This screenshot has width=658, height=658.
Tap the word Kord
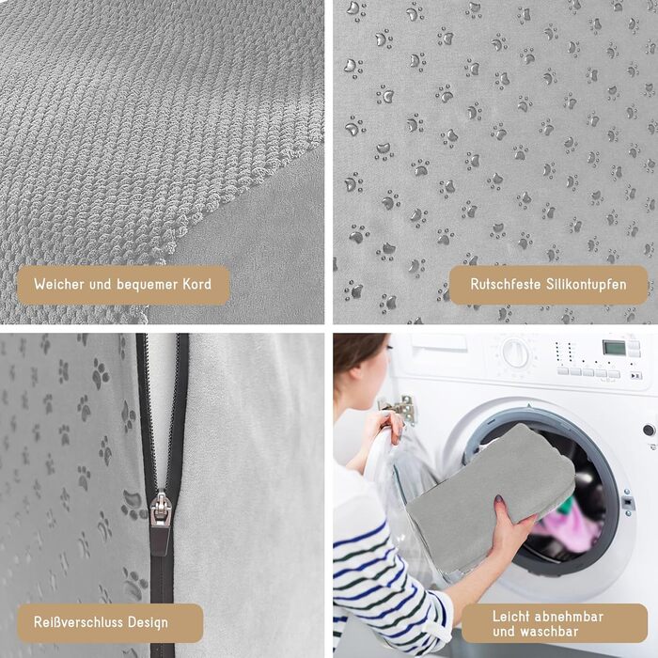click(196, 284)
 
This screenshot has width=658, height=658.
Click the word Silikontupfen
click(587, 285)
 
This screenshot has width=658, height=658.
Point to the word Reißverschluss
click(78, 622)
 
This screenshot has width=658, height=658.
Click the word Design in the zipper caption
click(148, 622)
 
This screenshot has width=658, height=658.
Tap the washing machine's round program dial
click(516, 352)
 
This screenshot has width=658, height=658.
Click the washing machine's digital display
click(614, 348)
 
